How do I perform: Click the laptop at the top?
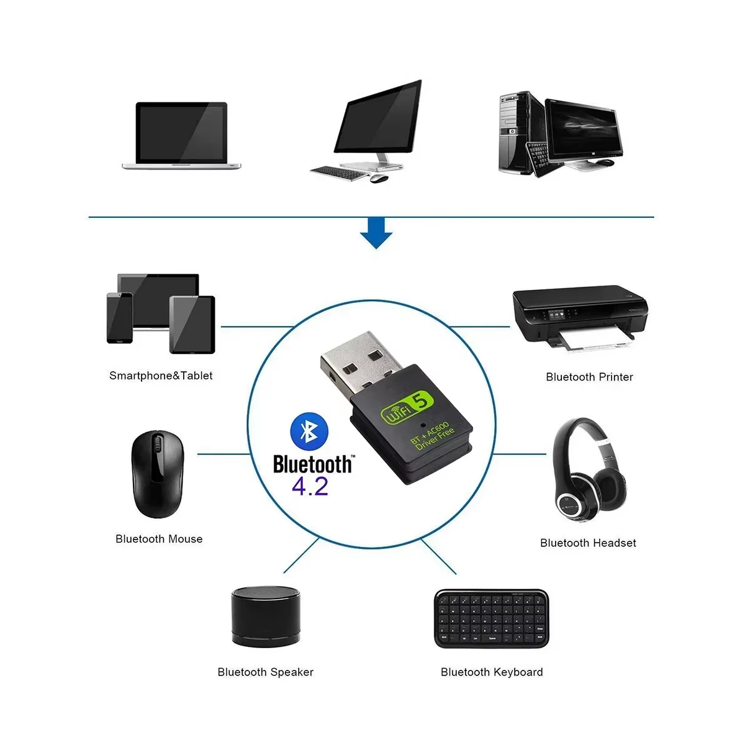point(181,136)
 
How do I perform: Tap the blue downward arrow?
point(376,233)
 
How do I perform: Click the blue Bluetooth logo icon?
point(309,431)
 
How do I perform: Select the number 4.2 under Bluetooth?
point(310,486)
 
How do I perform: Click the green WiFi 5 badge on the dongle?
point(407,409)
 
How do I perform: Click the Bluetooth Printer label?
point(589,377)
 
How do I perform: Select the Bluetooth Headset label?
point(588,543)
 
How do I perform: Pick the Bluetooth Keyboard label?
point(492,672)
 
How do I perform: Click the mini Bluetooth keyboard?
point(491,618)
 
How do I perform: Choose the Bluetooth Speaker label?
point(265,672)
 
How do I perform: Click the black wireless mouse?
point(157,474)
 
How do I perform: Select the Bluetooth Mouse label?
point(159,539)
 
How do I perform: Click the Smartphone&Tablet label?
point(161,376)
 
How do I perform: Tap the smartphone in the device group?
point(119,318)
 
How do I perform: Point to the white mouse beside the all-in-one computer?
point(379,179)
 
